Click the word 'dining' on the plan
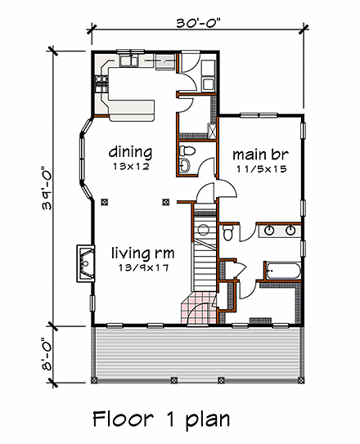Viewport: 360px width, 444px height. [131, 151]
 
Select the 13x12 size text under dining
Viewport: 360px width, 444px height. [131, 167]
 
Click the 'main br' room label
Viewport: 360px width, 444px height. [259, 154]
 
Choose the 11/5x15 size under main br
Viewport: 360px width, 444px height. [259, 169]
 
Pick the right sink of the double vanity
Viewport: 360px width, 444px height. [290, 231]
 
